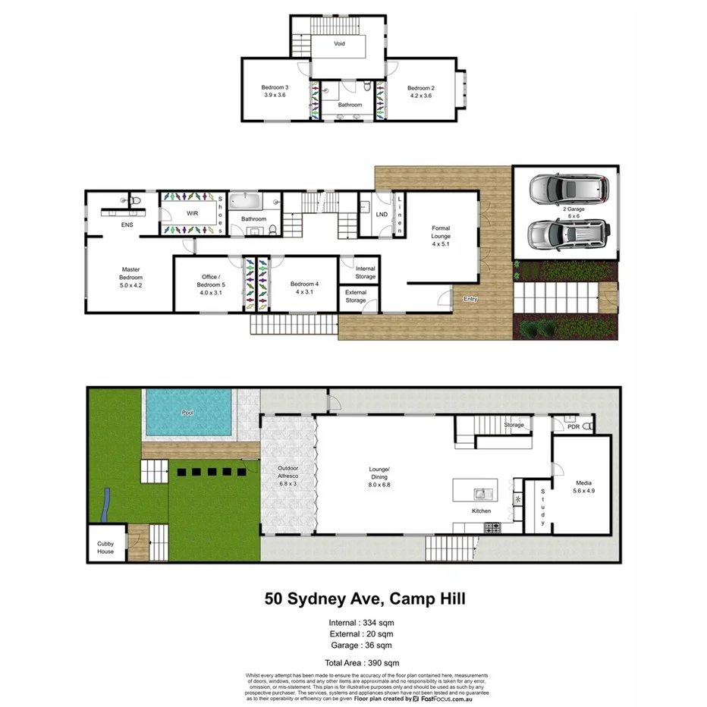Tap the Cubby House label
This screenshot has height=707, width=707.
pos(105,548)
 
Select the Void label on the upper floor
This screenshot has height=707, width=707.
pos(339,44)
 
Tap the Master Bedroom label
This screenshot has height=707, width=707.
pos(130,277)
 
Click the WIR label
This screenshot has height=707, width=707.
pos(192,214)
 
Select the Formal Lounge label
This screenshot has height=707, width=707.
pos(441,236)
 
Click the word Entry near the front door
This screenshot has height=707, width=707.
pos(470,299)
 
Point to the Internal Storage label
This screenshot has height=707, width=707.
pos(365,272)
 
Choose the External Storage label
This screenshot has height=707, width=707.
pos(355,297)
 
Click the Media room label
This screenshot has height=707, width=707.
pos(583,487)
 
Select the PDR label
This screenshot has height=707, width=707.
pos(573,427)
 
